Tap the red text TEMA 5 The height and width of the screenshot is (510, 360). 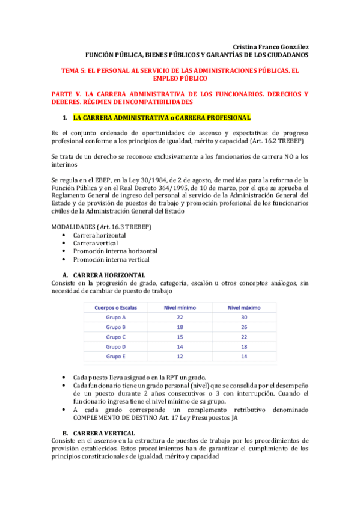[75, 70]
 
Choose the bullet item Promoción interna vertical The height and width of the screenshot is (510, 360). [111, 259]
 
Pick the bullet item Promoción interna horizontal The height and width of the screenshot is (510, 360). [115, 251]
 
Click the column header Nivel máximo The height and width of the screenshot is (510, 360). [244, 307]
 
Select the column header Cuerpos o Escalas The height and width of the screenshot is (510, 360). [115, 307]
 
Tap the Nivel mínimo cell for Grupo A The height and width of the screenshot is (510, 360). [180, 317]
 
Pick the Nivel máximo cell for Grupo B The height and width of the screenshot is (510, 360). [244, 327]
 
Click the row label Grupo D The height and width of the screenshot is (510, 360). [115, 346]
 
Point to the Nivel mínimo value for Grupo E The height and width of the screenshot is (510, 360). [180, 356]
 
